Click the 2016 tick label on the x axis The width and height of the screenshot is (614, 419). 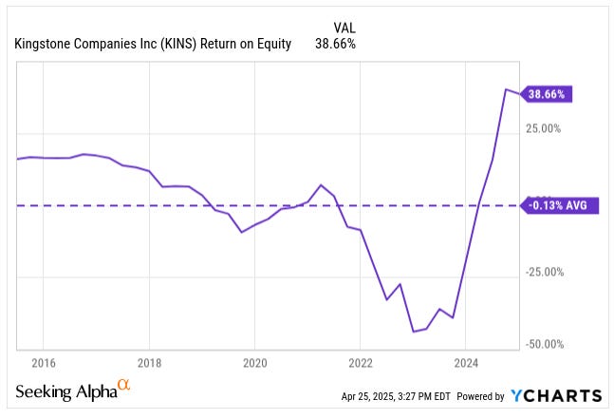point(44,362)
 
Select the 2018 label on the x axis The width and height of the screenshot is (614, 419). point(149,362)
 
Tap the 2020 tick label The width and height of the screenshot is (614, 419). point(254,362)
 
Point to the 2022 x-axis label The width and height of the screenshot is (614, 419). point(360,362)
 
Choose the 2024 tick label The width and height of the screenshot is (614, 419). point(466,362)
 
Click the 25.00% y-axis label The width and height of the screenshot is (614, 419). point(545,128)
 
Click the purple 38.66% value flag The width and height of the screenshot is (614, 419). point(550,95)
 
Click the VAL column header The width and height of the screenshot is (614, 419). point(344,27)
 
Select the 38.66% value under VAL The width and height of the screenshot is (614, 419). point(335,44)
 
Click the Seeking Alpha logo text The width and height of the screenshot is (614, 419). point(65,391)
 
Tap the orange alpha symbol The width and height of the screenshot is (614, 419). point(123,386)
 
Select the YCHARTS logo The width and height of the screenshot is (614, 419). point(557,395)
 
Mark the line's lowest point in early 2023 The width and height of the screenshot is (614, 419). point(414,332)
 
